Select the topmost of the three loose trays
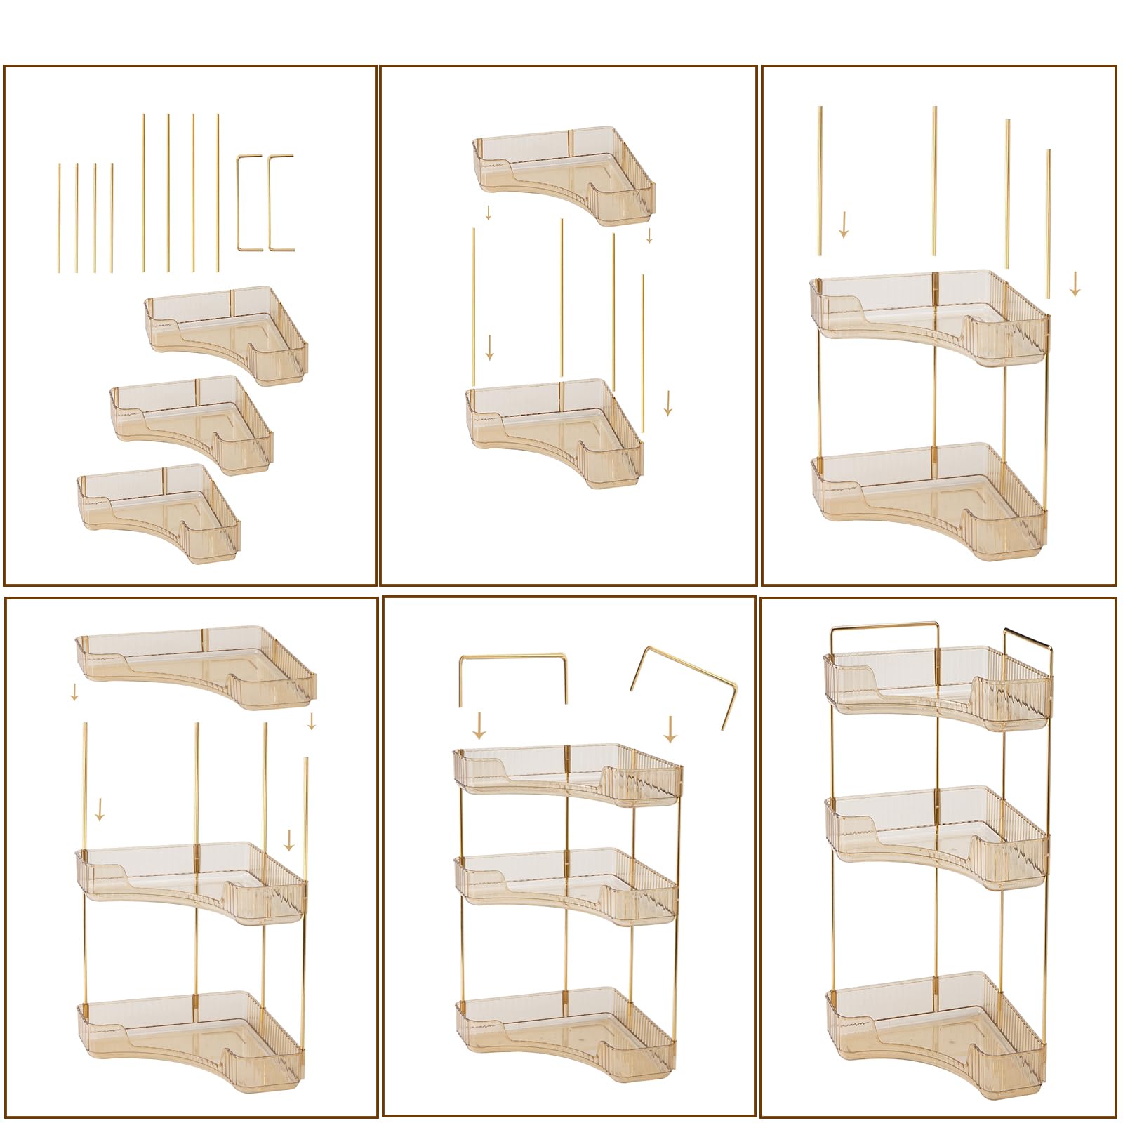click(227, 335)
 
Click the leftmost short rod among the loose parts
click(60, 218)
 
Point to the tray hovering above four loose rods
click(564, 175)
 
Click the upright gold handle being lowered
click(512, 677)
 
